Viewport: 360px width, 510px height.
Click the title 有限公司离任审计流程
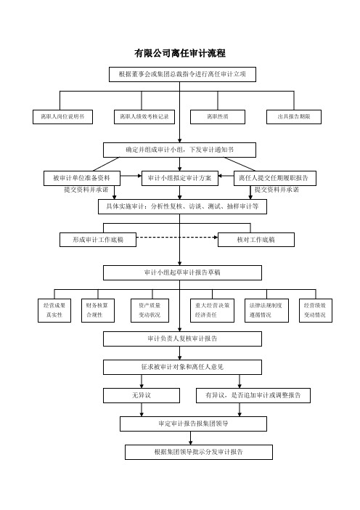pyautogui.click(x=180, y=53)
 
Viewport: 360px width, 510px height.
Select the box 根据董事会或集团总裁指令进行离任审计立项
pyautogui.click(x=182, y=74)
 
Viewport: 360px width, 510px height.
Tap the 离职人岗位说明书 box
pyautogui.click(x=62, y=117)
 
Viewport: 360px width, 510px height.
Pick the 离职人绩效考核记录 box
pyautogui.click(x=144, y=117)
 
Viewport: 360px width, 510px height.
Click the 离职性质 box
pyautogui.click(x=218, y=117)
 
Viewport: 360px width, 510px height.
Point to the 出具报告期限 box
pyautogui.click(x=294, y=117)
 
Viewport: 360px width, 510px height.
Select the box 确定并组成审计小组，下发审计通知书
pyautogui.click(x=180, y=150)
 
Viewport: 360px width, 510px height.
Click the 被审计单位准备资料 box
pyautogui.click(x=82, y=178)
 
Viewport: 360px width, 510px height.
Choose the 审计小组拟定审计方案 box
pyautogui.click(x=180, y=178)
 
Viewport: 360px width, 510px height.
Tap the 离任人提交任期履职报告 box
pyautogui.click(x=275, y=178)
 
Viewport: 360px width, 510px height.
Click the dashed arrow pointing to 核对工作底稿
pyautogui.click(x=177, y=238)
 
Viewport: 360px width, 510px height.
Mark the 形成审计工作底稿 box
pyautogui.click(x=98, y=240)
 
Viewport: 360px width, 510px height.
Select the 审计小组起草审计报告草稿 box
pyautogui.click(x=182, y=272)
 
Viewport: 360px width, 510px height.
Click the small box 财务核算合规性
pyautogui.click(x=98, y=311)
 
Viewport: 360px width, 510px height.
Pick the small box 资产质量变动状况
pyautogui.click(x=150, y=311)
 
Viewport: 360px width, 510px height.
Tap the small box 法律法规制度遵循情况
pyautogui.click(x=266, y=311)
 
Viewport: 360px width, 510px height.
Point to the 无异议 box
pyautogui.click(x=142, y=395)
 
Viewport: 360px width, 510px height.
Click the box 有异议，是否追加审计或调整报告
pyautogui.click(x=253, y=395)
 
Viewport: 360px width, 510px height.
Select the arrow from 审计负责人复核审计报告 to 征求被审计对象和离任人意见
pyautogui.click(x=180, y=353)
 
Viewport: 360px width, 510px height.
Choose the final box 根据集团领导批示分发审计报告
pyautogui.click(x=199, y=452)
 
